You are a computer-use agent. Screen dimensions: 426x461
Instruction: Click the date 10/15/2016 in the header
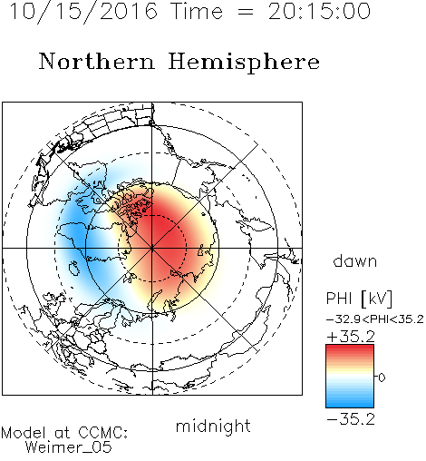click(83, 12)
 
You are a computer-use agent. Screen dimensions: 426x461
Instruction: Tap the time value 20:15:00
click(319, 11)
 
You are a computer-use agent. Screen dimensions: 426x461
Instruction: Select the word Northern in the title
click(97, 62)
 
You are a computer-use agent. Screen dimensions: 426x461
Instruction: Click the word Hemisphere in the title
click(244, 62)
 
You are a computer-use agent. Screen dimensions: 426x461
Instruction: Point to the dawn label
click(355, 260)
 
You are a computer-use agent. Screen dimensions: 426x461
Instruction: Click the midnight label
click(213, 426)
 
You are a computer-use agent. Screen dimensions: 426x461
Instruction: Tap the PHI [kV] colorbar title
click(360, 299)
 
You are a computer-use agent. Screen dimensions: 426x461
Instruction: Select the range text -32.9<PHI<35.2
click(375, 319)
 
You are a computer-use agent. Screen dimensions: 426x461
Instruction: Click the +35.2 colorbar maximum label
click(351, 337)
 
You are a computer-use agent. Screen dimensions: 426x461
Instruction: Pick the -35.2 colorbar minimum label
click(351, 419)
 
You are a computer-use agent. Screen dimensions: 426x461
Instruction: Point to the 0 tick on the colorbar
click(382, 378)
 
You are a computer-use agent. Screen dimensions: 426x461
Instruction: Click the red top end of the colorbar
click(350, 347)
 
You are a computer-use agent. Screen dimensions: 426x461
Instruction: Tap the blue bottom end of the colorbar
click(350, 405)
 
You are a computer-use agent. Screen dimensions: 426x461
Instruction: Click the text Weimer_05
click(69, 447)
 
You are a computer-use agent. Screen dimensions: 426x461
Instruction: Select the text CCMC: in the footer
click(102, 433)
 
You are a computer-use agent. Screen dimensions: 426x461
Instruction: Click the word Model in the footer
click(24, 433)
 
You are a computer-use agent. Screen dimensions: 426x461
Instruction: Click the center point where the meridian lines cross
click(152, 249)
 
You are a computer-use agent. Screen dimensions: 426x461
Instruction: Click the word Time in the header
click(197, 12)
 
